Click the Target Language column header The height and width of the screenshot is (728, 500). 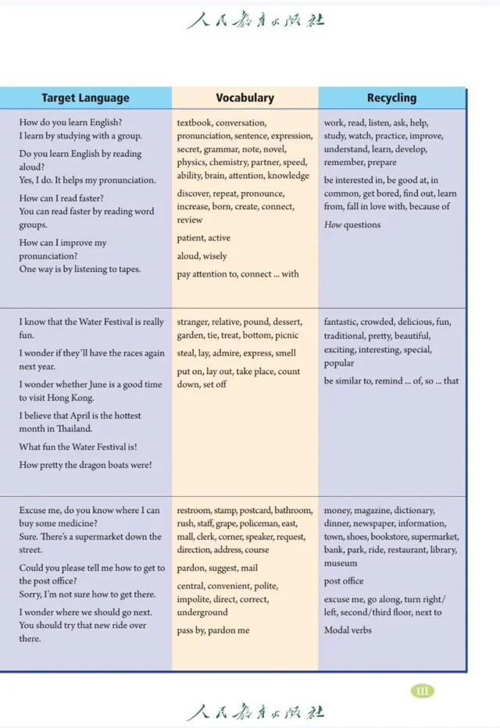pos(85,98)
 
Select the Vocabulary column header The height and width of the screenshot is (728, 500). pos(245,98)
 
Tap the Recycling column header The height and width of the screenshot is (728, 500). pos(391,98)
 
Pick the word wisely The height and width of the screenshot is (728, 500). pos(215,256)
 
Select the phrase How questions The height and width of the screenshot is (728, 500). pos(352,225)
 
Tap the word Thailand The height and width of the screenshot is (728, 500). pos(75,429)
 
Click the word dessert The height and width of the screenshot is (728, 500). pos(287,322)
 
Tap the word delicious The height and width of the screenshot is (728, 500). pos(415,322)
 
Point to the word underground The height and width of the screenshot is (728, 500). pos(202,612)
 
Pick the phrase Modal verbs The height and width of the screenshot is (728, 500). pos(348,630)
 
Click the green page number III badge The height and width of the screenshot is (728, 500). pos(422,691)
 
